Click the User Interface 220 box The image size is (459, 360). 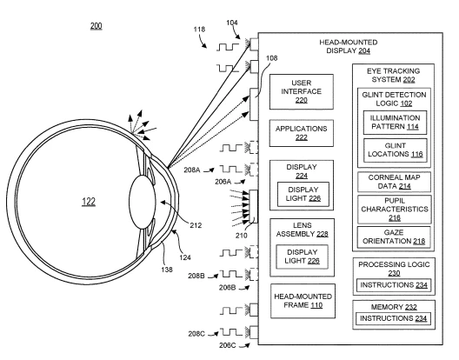[x=301, y=91]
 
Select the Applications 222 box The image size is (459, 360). [x=301, y=133]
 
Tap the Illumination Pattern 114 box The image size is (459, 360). [x=395, y=123]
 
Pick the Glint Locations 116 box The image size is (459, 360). [x=396, y=150]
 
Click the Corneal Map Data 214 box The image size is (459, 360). [x=395, y=182]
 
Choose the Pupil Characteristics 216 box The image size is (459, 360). [x=395, y=210]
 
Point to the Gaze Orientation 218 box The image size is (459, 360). [x=394, y=237]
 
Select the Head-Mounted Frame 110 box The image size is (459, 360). [x=303, y=301]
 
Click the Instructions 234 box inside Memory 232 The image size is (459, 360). [x=394, y=318]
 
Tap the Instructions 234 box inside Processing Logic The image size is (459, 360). [x=394, y=285]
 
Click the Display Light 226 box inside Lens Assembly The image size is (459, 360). [x=302, y=257]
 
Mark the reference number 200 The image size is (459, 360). [x=96, y=26]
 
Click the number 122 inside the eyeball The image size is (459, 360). [x=89, y=202]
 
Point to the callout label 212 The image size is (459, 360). [x=196, y=225]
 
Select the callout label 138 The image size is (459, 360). [x=167, y=270]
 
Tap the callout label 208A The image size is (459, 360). [x=192, y=170]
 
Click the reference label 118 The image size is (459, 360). [x=199, y=30]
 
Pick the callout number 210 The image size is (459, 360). [x=241, y=235]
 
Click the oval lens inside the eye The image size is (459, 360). [x=143, y=202]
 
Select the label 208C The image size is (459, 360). [x=196, y=334]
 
